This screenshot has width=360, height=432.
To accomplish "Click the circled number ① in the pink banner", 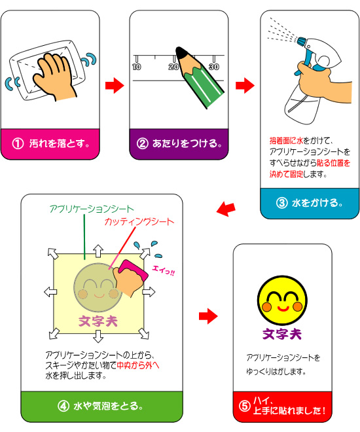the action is pyautogui.click(x=18, y=143).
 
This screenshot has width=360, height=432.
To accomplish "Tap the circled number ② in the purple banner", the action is pyautogui.click(x=143, y=143).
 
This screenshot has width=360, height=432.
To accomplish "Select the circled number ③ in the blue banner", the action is pyautogui.click(x=281, y=203).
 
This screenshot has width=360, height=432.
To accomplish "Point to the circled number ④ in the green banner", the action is pyautogui.click(x=63, y=406).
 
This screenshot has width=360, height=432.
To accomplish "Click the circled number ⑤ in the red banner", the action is pyautogui.click(x=245, y=406).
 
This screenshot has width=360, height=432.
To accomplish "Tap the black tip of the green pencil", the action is pyautogui.click(x=181, y=52).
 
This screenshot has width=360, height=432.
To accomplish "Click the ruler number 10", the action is pyautogui.click(x=136, y=67).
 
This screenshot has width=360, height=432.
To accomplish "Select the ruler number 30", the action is pyautogui.click(x=214, y=67).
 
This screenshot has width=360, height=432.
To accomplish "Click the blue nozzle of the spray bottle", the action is pyautogui.click(x=301, y=42).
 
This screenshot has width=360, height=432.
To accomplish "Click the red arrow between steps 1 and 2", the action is pyautogui.click(x=115, y=85).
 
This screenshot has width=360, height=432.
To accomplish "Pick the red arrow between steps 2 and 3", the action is pyautogui.click(x=245, y=85).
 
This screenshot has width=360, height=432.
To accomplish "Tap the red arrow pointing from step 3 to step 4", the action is pyautogui.click(x=226, y=209).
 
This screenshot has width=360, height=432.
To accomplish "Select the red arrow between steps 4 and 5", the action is pyautogui.click(x=208, y=316).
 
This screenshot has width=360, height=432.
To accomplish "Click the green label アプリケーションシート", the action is pyautogui.click(x=92, y=209).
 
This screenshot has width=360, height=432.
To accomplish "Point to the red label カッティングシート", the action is pyautogui.click(x=139, y=222).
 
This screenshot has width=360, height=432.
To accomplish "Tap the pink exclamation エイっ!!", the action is pyautogui.click(x=164, y=270).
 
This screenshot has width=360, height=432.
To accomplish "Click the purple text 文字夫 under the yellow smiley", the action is pyautogui.click(x=282, y=334).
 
